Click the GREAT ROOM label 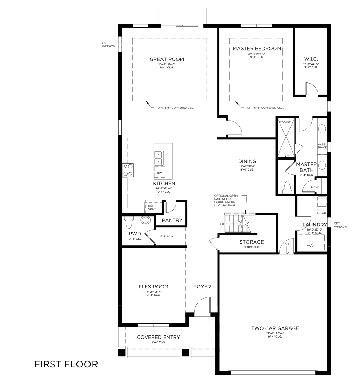pyautogui.click(x=167, y=59)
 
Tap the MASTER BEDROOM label pyautogui.click(x=257, y=48)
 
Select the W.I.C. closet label pyautogui.click(x=311, y=59)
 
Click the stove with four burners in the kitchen pyautogui.click(x=128, y=170)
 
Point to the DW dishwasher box pyautogui.click(x=159, y=173)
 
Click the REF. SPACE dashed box pyautogui.click(x=153, y=207)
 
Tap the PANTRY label pyautogui.click(x=172, y=220)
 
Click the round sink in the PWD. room pyautogui.click(x=145, y=220)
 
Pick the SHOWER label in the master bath pyautogui.click(x=285, y=122)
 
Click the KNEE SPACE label pyautogui.click(x=322, y=146)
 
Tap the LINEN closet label pyautogui.click(x=315, y=187)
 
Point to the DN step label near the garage pyautogui.click(x=286, y=244)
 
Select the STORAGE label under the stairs pyautogui.click(x=252, y=242)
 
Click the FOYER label pyautogui.click(x=202, y=287)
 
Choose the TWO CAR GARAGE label pyautogui.click(x=275, y=328)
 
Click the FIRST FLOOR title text pyautogui.click(x=66, y=364)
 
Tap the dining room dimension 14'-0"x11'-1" pyautogui.click(x=247, y=166)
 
